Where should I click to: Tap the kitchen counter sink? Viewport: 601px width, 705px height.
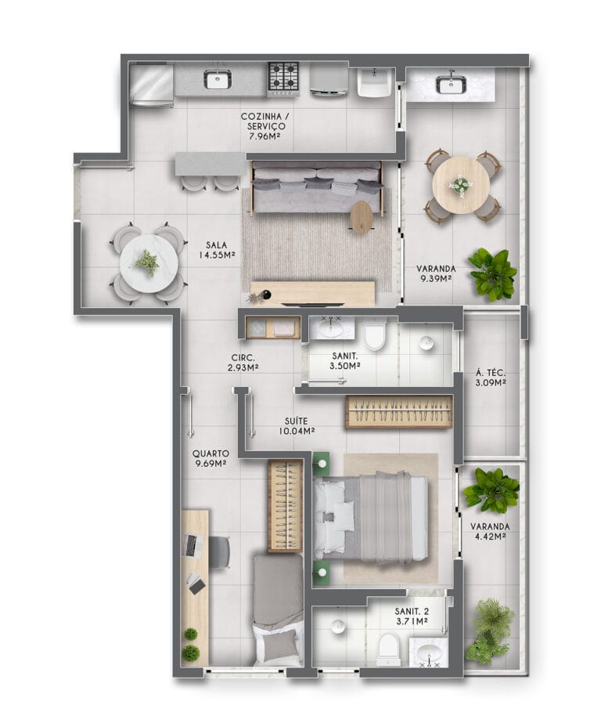tap(218, 80)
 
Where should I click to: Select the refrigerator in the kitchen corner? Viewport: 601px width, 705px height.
tap(151, 85)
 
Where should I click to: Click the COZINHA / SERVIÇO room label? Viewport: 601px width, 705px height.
tap(265, 126)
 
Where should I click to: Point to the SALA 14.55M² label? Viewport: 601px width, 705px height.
tap(217, 250)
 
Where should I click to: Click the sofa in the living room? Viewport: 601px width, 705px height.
tap(317, 186)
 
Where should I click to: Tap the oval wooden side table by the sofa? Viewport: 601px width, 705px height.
tap(361, 217)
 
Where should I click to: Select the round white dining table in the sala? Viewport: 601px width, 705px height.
tap(149, 263)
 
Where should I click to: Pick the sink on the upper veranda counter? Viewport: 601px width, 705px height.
tap(452, 85)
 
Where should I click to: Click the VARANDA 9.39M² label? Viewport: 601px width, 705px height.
tap(436, 273)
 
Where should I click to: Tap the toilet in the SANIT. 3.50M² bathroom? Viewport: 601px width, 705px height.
tap(376, 335)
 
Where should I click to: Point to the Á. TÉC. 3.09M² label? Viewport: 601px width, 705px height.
tap(491, 378)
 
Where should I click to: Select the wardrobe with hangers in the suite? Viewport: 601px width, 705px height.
tap(399, 411)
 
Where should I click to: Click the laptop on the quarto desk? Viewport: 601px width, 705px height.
tap(194, 546)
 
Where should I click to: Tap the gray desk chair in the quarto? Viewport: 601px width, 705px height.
tap(220, 551)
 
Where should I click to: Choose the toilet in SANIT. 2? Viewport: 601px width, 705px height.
tap(388, 649)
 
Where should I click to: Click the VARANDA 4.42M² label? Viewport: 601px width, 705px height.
tap(490, 531)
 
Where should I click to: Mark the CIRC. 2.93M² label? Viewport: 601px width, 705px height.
tap(243, 363)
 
